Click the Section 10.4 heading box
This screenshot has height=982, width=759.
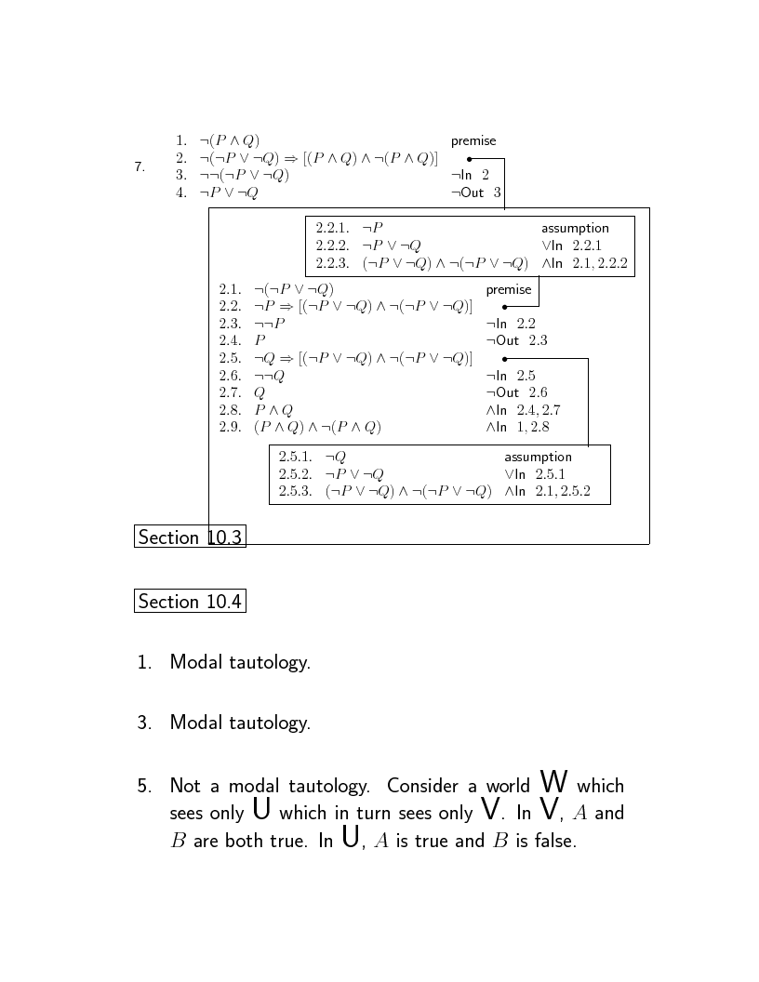[x=190, y=602]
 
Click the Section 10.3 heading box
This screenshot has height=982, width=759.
[x=190, y=537]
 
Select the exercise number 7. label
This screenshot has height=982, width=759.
[x=140, y=167]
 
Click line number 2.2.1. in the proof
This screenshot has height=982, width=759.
[x=332, y=228]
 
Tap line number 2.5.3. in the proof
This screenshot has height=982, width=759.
[x=295, y=492]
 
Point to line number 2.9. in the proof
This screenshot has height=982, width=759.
[x=230, y=427]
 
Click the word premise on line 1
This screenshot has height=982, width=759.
[x=473, y=141]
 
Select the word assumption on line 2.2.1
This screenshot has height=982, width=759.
[x=575, y=228]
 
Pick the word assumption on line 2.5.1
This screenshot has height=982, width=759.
[x=538, y=457]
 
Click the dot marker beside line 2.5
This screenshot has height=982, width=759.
[x=504, y=358]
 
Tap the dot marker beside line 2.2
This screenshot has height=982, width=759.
[x=504, y=306]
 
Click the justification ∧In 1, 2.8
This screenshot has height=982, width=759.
[x=517, y=427]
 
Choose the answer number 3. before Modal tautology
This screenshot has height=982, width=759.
[x=144, y=723]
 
